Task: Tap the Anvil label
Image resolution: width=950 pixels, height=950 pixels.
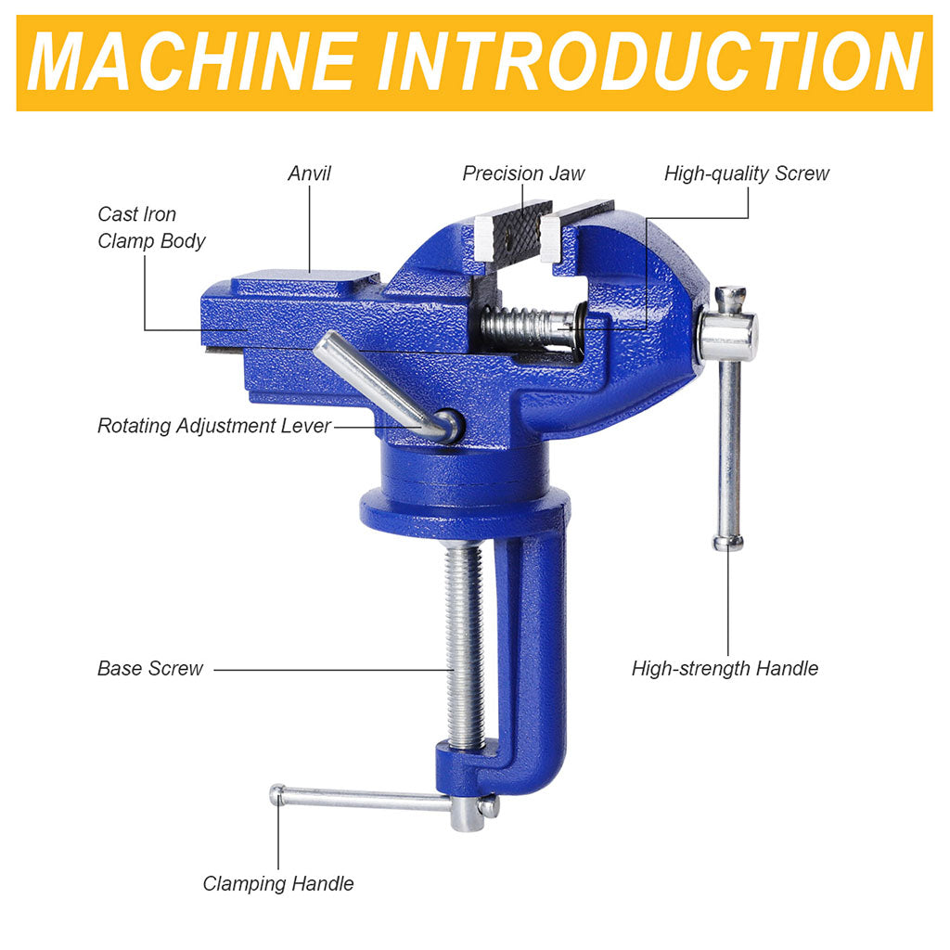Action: [309, 173]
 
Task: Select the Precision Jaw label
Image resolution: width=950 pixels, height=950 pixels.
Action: [523, 173]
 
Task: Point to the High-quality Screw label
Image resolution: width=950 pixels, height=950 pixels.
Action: [747, 173]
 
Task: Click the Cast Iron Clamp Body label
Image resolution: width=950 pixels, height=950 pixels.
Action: [151, 227]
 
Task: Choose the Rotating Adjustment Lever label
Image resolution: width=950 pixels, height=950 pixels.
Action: [214, 426]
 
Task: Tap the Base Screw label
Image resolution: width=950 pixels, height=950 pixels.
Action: [150, 668]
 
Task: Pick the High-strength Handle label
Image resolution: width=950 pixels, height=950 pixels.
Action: [725, 668]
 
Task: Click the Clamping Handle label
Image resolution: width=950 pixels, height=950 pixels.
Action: [278, 883]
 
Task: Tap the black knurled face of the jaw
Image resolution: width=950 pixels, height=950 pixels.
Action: [515, 233]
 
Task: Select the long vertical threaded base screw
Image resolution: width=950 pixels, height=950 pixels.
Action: [466, 646]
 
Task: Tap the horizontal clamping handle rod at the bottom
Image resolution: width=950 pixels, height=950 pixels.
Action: [364, 800]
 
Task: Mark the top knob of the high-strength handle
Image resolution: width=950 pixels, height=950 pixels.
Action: [730, 298]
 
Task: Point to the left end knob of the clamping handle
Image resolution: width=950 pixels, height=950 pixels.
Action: [277, 794]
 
